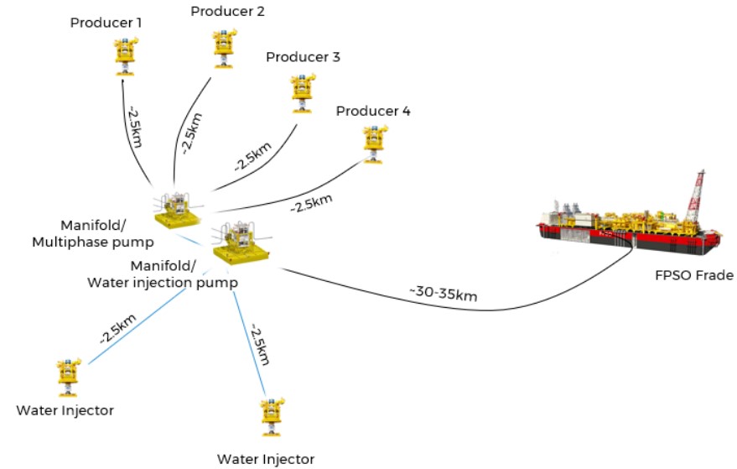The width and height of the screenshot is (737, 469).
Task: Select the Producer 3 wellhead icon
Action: (300, 92)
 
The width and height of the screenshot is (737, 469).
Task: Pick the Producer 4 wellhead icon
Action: (371, 143)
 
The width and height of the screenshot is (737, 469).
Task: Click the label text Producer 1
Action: (106, 22)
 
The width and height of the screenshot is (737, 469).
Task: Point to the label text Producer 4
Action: (372, 111)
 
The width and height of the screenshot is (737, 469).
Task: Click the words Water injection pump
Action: (163, 283)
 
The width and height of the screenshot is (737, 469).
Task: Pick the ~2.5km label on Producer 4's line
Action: (310, 202)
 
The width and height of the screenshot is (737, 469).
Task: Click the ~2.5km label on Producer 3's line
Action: (247, 152)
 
